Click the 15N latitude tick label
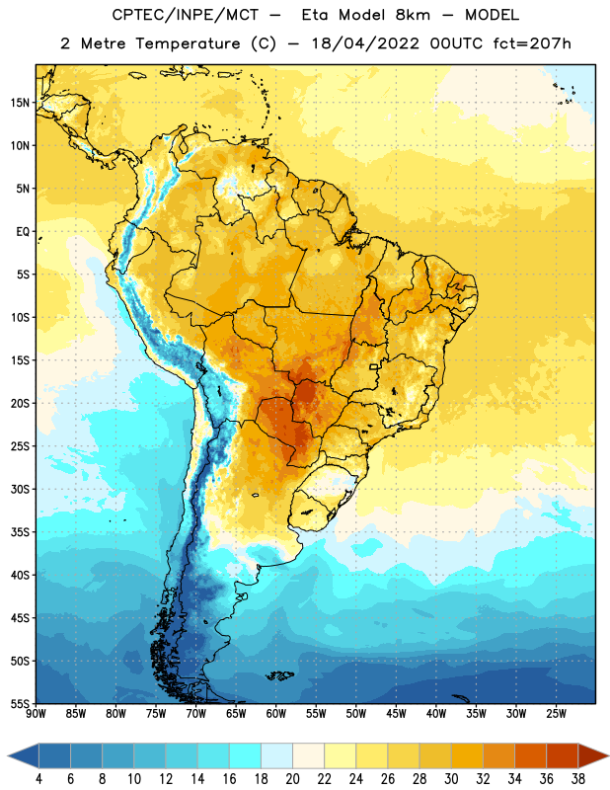pyautogui.click(x=20, y=103)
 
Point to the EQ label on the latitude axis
pyautogui.click(x=23, y=232)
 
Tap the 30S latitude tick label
pyautogui.click(x=20, y=489)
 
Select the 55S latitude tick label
pyautogui.click(x=20, y=703)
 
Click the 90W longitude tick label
pyautogui.click(x=36, y=714)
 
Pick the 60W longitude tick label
pyautogui.click(x=276, y=714)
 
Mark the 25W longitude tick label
pyautogui.click(x=556, y=714)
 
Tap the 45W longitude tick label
pyautogui.click(x=396, y=714)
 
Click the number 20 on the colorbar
pyautogui.click(x=292, y=779)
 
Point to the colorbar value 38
pyautogui.click(x=578, y=779)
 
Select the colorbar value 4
pyautogui.click(x=38, y=779)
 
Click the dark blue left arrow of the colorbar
pyautogui.click(x=24, y=755)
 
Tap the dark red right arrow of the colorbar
pyautogui.click(x=593, y=755)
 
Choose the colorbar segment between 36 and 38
pyautogui.click(x=563, y=755)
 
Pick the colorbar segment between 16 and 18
pyautogui.click(x=246, y=755)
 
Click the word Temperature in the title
pyautogui.click(x=188, y=43)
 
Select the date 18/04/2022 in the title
pyautogui.click(x=365, y=43)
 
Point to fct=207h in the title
pyautogui.click(x=532, y=43)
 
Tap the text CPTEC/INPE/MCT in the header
pyautogui.click(x=185, y=15)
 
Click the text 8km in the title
pyautogui.click(x=413, y=15)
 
